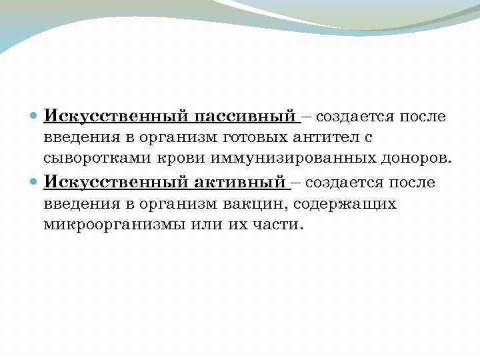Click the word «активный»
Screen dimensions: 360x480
(x=239, y=182)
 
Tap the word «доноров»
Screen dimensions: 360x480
(x=414, y=160)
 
